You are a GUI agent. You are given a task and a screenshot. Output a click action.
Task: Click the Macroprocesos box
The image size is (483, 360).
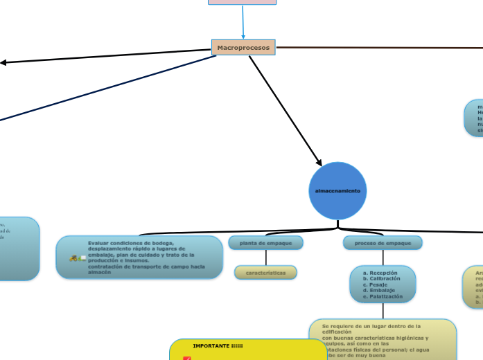[x=243, y=48]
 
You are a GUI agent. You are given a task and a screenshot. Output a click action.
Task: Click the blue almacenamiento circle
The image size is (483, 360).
[x=337, y=190]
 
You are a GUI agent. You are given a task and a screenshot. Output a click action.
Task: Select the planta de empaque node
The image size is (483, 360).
[x=265, y=243]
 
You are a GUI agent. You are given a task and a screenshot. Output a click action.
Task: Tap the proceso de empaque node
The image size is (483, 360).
[x=383, y=243]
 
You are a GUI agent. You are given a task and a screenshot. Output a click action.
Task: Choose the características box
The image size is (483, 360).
[x=265, y=273]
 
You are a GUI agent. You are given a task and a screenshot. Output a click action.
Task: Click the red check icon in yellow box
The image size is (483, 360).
[x=186, y=358]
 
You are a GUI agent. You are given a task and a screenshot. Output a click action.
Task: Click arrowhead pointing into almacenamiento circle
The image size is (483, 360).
[x=319, y=163]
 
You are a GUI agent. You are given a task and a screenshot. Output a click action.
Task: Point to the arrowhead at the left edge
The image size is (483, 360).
[x=3, y=63]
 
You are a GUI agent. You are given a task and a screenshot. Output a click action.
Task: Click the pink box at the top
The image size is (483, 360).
[x=243, y=2]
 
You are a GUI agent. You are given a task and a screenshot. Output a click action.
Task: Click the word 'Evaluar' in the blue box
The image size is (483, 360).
[x=98, y=243]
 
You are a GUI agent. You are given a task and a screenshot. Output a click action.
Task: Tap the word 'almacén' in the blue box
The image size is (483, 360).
[x=99, y=272]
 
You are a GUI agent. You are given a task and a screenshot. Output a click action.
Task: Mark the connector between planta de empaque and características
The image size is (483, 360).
[x=265, y=258]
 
